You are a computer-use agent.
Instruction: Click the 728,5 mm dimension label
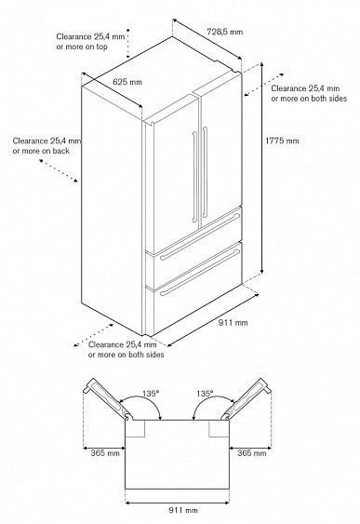[224, 32]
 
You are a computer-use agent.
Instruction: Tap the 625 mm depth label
[127, 82]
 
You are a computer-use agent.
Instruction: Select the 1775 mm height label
[282, 141]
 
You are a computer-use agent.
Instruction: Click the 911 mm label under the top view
[183, 510]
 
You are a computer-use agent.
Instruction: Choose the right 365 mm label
[252, 453]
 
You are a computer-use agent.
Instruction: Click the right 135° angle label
[205, 394]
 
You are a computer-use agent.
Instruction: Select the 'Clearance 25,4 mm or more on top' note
[90, 42]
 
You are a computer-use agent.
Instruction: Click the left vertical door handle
[194, 177]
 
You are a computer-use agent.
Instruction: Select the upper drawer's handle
[200, 236]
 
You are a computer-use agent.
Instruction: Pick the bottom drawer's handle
[200, 273]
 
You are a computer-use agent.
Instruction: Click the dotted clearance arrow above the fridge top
[127, 44]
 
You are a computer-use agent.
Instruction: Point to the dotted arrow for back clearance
[59, 170]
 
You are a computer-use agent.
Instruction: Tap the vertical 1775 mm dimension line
[261, 168]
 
